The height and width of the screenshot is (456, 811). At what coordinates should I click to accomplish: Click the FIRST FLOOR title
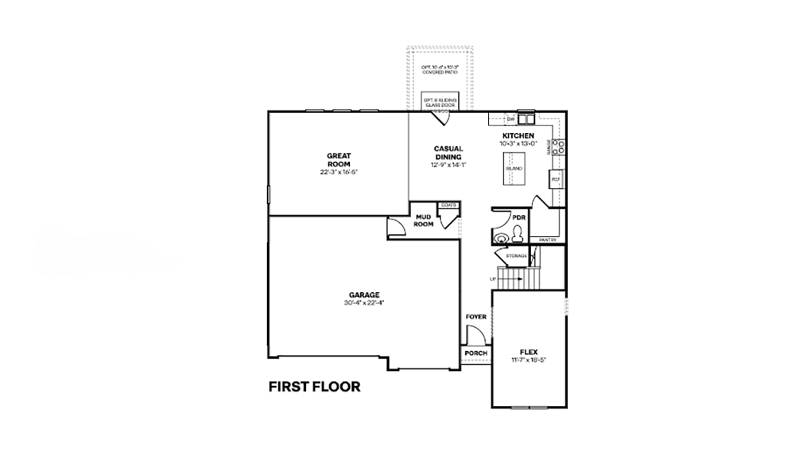coord(314,387)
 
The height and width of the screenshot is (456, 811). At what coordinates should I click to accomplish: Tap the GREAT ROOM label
coord(339,160)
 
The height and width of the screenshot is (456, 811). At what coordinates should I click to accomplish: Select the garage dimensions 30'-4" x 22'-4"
coord(363,303)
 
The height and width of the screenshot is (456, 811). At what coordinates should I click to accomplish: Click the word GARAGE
coord(363,295)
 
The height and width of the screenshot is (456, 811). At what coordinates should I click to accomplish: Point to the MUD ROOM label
coord(423,220)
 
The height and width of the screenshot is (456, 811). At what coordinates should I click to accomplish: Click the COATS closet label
coord(449,205)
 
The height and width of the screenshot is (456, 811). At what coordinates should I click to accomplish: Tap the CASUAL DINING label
coord(448,152)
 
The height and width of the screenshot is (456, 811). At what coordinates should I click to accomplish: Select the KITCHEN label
coord(517,136)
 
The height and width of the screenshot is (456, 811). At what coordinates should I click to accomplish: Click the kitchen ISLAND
coord(514,169)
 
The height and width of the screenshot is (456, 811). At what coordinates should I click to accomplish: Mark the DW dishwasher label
coord(510,119)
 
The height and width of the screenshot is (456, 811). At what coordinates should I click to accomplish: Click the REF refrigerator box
coord(556,180)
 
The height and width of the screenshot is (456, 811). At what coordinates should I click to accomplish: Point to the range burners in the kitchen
coord(561,147)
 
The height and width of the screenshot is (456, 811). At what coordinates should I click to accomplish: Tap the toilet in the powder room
coord(516,237)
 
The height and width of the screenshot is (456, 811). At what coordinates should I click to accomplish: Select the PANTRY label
coord(547,240)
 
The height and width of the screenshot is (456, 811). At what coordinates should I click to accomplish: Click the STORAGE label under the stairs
coord(516,256)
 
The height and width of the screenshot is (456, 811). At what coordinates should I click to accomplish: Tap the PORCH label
coord(475,354)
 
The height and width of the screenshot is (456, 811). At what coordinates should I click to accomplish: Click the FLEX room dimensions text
coord(528,360)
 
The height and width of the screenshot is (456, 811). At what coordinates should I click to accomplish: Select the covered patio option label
coord(439,69)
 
